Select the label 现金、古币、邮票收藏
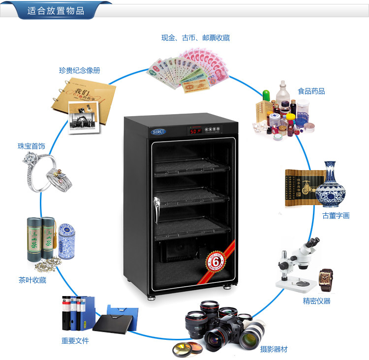[x=195, y=38]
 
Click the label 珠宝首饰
[x=31, y=146]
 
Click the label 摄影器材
[x=274, y=349]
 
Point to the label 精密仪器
[x=316, y=301]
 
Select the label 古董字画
[x=336, y=215]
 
